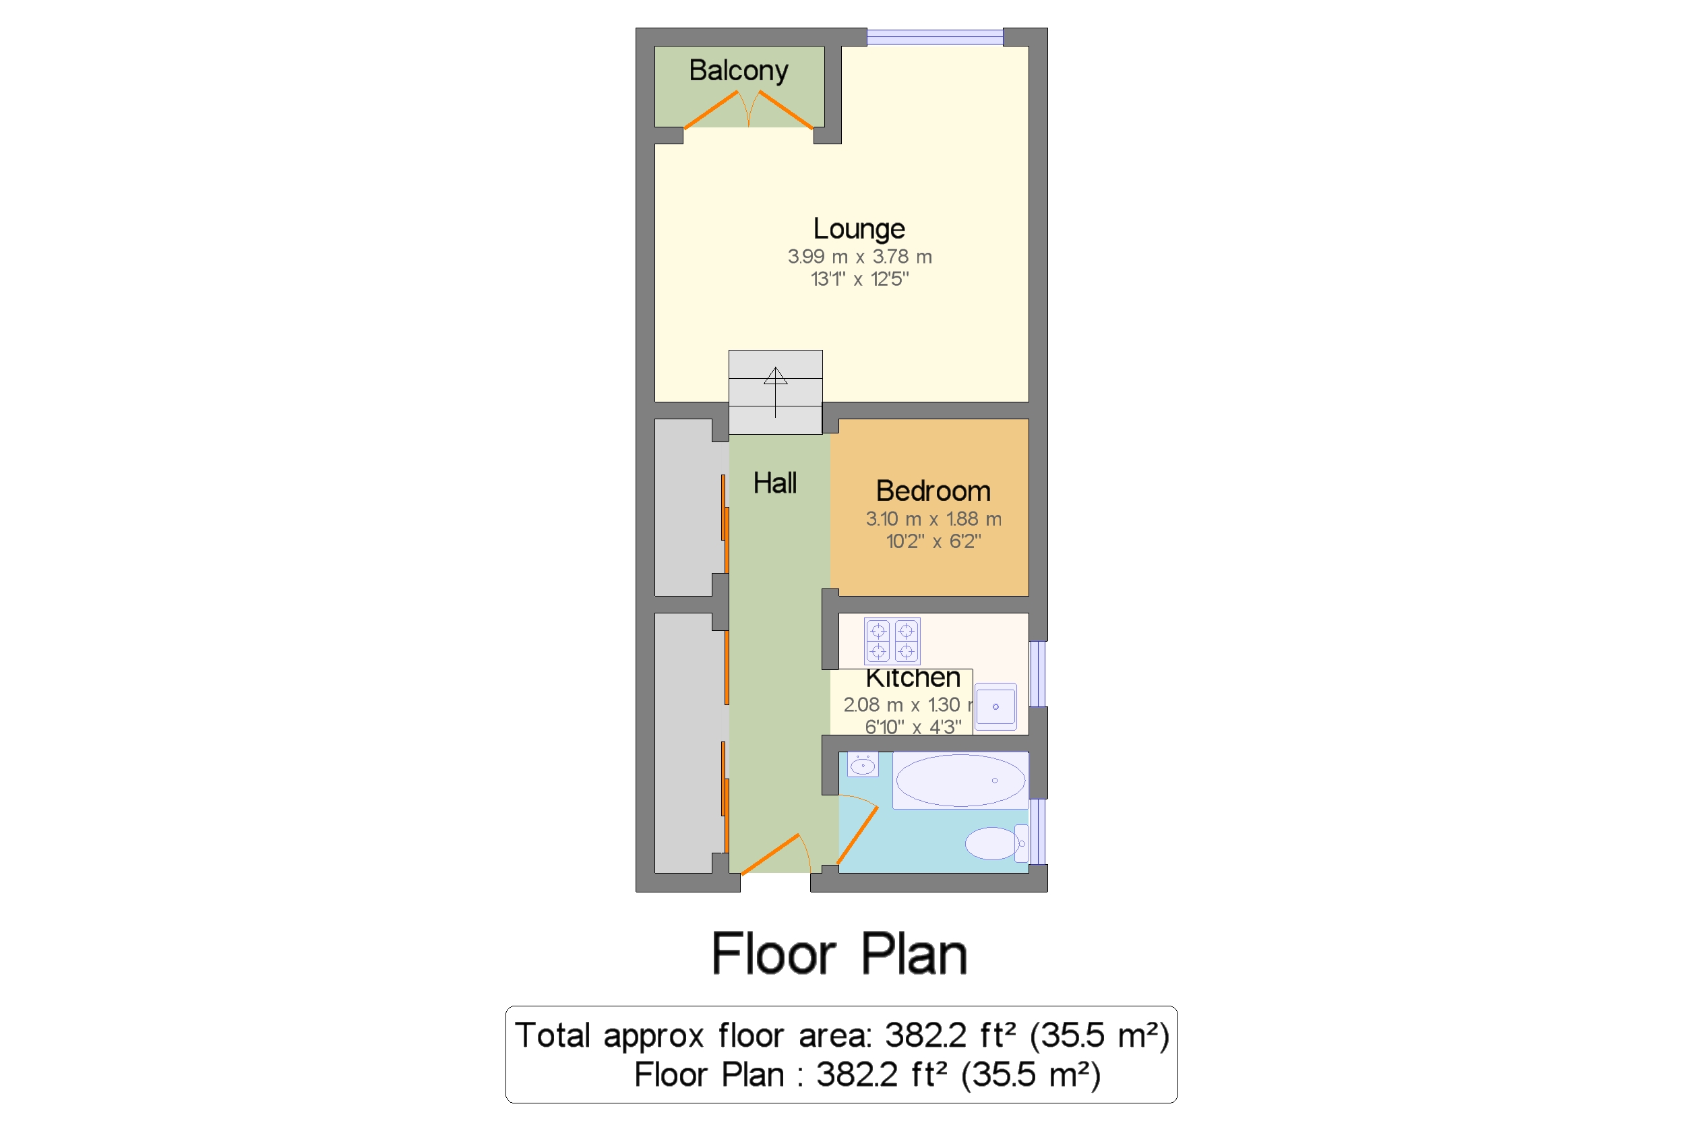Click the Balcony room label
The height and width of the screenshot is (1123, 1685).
pos(738,71)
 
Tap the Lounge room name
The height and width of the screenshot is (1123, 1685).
pos(859,229)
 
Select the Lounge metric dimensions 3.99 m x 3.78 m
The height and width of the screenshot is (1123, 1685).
pos(859,256)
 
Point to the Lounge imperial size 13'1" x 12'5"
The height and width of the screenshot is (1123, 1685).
pos(859,278)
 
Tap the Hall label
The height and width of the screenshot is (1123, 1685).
pos(774,483)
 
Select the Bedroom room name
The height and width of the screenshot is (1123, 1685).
pos(932,491)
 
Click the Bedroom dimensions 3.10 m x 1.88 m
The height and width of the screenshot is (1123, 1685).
pos(932,519)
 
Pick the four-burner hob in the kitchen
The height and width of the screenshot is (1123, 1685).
pos(892,641)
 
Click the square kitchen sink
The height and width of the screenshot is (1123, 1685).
pos(995,707)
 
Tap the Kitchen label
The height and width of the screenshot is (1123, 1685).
pos(913,677)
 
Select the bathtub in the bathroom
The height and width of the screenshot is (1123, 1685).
pos(960,781)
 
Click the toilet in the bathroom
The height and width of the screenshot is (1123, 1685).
pos(994,843)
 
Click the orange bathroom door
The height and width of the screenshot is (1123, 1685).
pos(857,835)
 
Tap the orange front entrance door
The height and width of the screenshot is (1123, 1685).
pos(770,855)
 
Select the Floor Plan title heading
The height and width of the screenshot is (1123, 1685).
pos(839,954)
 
